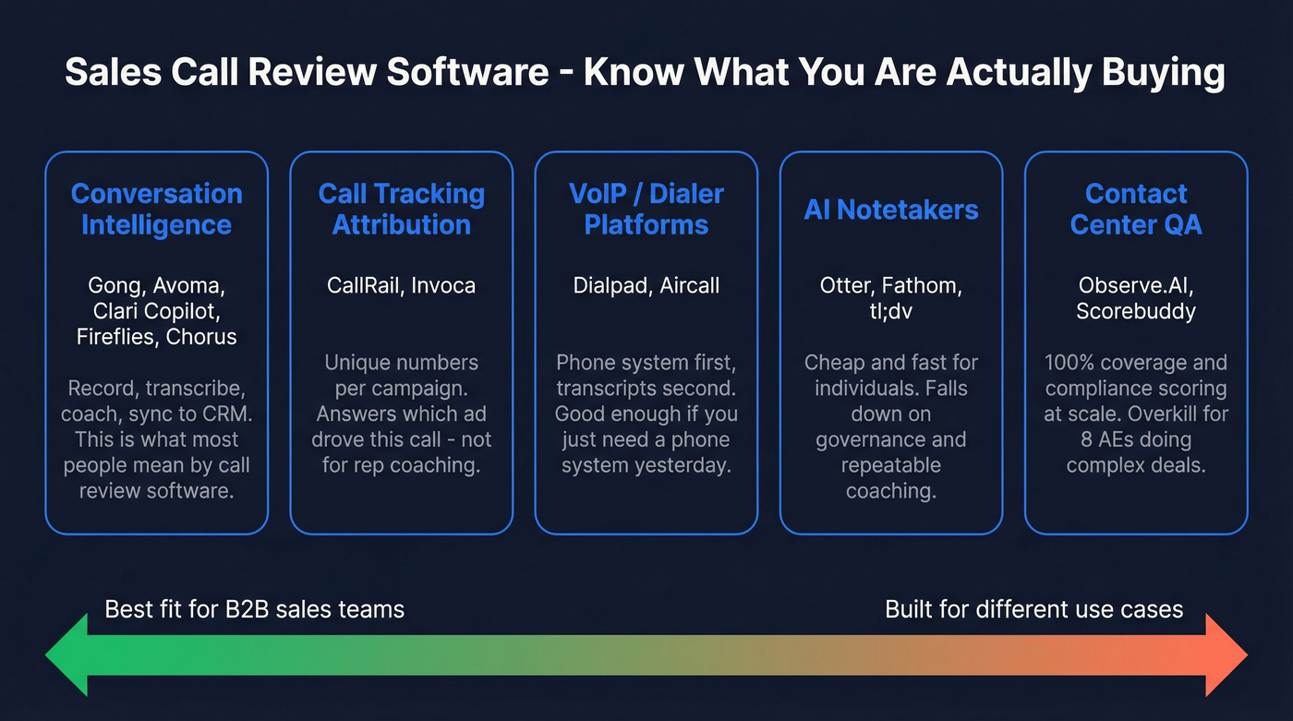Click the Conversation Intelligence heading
pos(156,209)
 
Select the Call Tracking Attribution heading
pos(401,209)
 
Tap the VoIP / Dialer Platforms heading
pos(646,209)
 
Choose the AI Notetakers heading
pos(890,210)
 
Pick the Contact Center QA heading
pos(1136,209)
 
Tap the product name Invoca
pos(444,285)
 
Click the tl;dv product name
pos(891,311)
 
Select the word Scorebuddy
pos(1136,311)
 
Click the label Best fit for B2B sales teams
pos(254,609)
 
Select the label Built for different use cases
pos(1033,609)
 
